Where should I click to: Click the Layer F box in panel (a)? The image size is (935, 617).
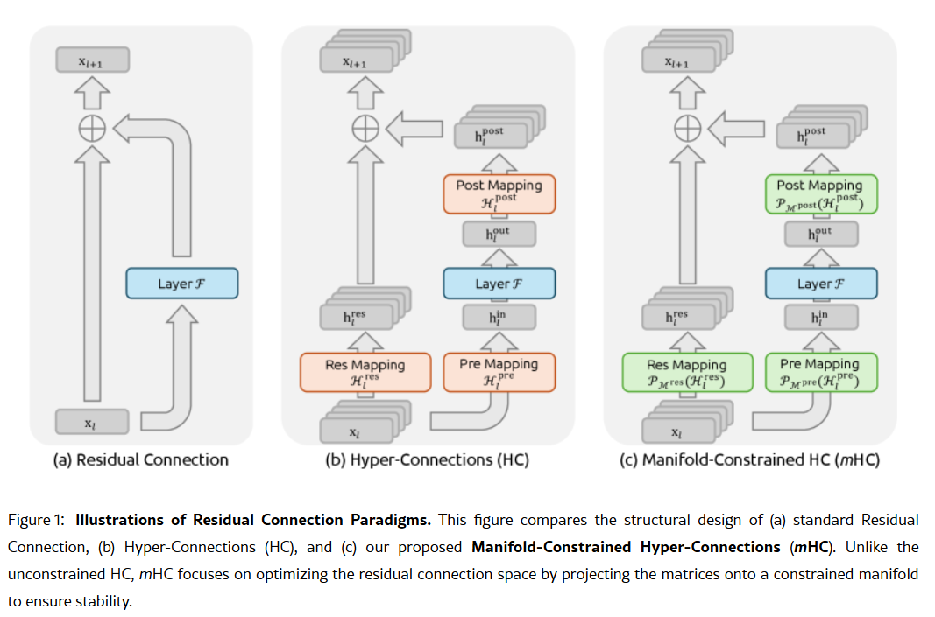(181, 284)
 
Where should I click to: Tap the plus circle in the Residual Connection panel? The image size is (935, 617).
(92, 129)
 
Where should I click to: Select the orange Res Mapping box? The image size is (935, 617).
(365, 372)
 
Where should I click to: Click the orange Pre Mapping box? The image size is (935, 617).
(499, 372)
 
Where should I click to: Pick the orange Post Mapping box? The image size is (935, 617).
(499, 193)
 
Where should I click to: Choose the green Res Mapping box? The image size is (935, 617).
(686, 372)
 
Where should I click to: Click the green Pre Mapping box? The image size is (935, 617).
(819, 372)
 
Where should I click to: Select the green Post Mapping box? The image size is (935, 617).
(819, 193)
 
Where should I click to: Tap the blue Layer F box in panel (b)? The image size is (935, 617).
(499, 284)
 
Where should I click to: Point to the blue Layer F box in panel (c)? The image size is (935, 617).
(820, 284)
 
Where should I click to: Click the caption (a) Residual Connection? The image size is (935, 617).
(141, 459)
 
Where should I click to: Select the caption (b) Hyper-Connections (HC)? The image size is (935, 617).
(427, 459)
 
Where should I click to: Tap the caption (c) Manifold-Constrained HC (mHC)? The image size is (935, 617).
(749, 459)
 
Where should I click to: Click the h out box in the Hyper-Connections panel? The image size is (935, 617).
(498, 235)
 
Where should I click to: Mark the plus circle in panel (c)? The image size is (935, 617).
(686, 129)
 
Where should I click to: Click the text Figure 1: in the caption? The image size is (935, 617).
(36, 520)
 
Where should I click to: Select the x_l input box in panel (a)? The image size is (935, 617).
(91, 423)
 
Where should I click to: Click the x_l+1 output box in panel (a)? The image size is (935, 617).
(92, 60)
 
